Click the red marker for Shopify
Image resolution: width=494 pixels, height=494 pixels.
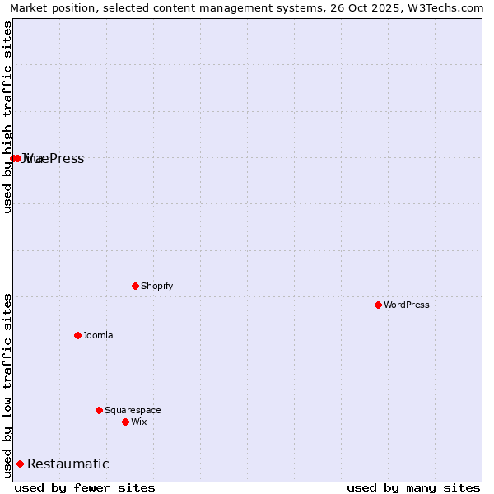[x=135, y=286]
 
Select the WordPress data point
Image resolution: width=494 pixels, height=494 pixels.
[x=378, y=305]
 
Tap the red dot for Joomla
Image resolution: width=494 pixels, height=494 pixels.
[x=77, y=335]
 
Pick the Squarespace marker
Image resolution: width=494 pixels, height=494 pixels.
[x=99, y=410]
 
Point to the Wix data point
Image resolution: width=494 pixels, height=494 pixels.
[x=125, y=422]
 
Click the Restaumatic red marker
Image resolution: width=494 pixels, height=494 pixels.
[x=20, y=464]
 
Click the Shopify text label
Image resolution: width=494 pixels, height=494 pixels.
[x=156, y=286]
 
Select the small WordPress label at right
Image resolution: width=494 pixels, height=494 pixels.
[x=407, y=305]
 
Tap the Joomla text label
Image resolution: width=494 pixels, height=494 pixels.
[x=98, y=335]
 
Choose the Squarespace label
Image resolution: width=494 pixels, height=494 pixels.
[x=133, y=410]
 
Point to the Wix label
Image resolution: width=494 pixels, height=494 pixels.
[x=138, y=422]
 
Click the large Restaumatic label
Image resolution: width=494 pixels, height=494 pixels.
[x=68, y=464]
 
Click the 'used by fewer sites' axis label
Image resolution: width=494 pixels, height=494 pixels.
[x=85, y=487]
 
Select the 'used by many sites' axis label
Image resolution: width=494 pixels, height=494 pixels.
[x=413, y=487]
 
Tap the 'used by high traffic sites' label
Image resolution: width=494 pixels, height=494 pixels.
[x=7, y=117]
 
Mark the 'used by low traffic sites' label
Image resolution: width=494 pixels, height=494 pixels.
[x=7, y=385]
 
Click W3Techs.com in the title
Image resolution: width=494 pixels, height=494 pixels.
[x=449, y=7]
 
